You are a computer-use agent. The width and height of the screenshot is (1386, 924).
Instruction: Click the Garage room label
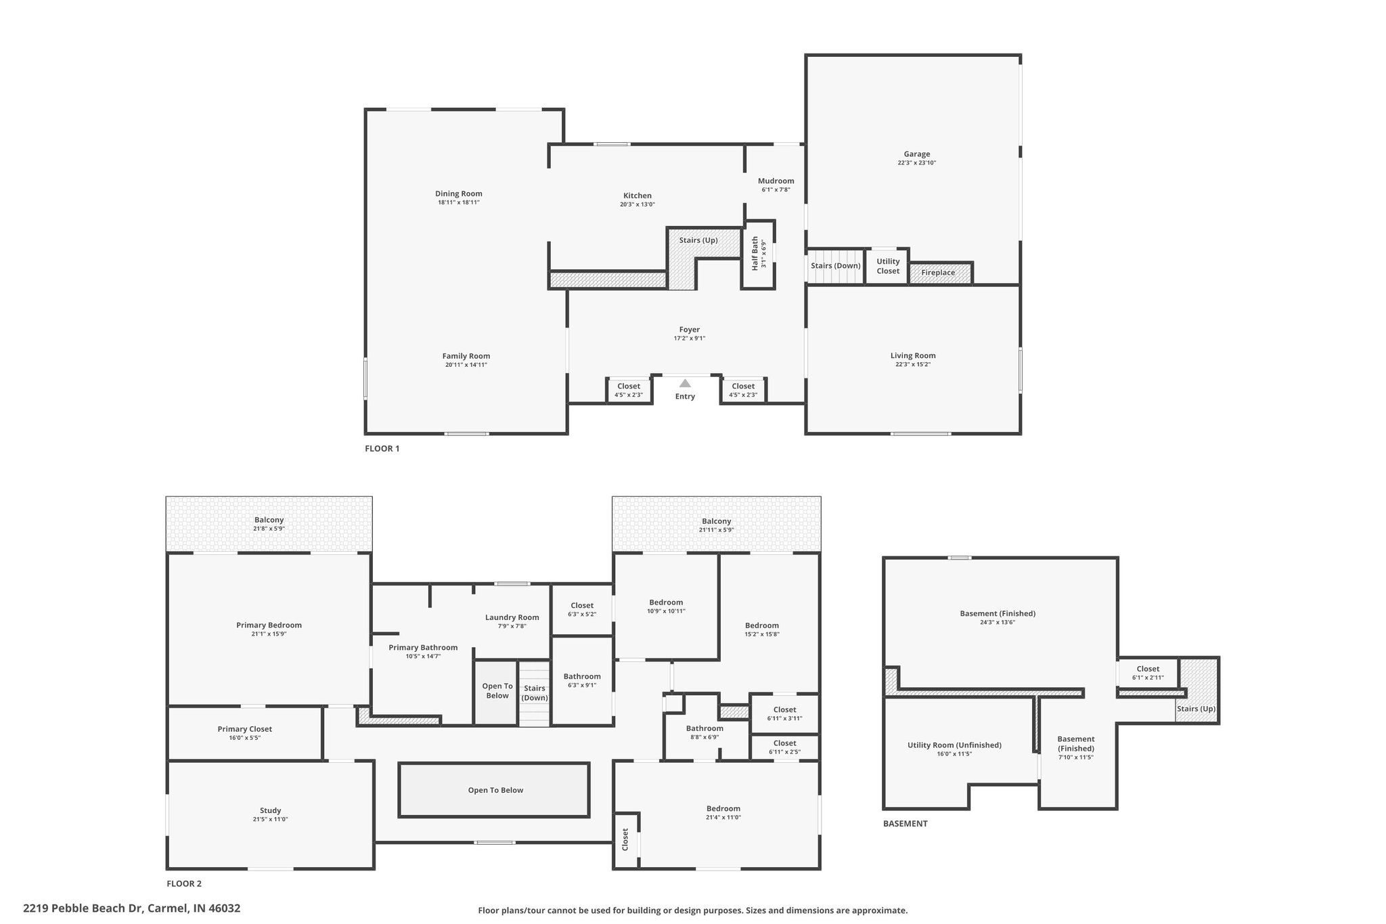(x=916, y=154)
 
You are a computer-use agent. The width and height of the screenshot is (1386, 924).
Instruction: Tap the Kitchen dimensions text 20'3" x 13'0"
(x=637, y=204)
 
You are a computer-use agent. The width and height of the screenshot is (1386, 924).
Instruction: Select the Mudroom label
(x=776, y=181)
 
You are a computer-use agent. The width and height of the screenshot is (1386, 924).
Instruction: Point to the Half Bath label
(x=755, y=255)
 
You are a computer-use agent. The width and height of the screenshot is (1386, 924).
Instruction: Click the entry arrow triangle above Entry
(x=685, y=383)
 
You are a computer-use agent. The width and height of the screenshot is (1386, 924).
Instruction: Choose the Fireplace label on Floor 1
(x=938, y=273)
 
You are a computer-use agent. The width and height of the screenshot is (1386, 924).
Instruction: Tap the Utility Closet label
(x=888, y=266)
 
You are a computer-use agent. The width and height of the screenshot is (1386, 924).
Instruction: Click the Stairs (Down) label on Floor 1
(x=835, y=265)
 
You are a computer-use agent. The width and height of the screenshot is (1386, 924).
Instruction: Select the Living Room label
(x=913, y=356)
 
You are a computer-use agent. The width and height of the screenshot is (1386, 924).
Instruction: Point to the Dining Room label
(x=458, y=194)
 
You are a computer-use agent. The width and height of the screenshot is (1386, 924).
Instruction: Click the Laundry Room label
(x=512, y=617)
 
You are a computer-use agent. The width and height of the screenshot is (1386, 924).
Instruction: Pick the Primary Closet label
(x=244, y=729)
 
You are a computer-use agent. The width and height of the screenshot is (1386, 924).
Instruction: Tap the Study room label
(x=270, y=810)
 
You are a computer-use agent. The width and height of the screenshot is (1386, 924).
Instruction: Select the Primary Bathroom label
(x=423, y=648)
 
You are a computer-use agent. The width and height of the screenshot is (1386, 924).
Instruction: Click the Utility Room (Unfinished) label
(x=954, y=745)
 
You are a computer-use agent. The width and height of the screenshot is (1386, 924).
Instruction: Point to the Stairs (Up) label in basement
(x=1196, y=709)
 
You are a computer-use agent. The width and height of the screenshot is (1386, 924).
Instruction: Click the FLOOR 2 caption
(x=184, y=883)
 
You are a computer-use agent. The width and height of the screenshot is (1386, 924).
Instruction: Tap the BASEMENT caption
(x=905, y=824)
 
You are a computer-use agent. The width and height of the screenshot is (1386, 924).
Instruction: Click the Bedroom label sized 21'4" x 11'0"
(x=723, y=809)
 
